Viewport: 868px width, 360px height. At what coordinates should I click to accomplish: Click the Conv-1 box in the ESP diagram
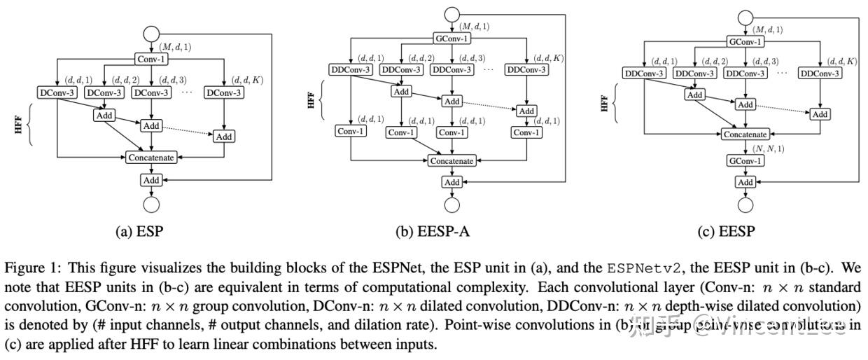[151, 60]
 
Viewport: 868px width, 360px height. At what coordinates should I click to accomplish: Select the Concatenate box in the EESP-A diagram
[451, 160]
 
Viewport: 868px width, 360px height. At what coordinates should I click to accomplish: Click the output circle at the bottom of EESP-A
[451, 205]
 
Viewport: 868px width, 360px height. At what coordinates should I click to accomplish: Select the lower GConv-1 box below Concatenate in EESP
[745, 160]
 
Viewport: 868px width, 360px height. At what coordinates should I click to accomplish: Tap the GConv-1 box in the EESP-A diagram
[451, 39]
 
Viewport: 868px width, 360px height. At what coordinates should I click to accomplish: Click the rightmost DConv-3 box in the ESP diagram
[224, 92]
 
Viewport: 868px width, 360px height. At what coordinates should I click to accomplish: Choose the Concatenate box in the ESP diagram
[151, 158]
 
